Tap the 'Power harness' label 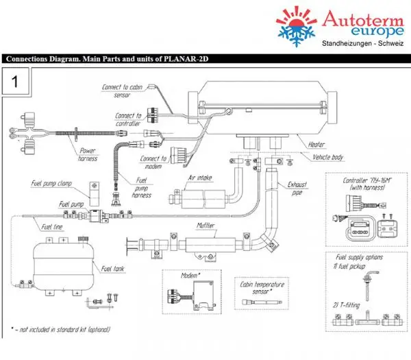88,154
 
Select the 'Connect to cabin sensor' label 123,91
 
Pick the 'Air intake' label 200,178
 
